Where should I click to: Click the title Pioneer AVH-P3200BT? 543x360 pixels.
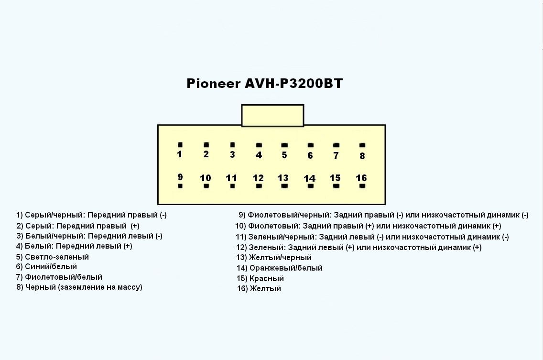pyautogui.click(x=264, y=84)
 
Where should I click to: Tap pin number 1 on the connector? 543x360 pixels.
pyautogui.click(x=180, y=154)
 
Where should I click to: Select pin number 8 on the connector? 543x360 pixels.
pyautogui.click(x=362, y=156)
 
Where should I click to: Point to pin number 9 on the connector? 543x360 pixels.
pyautogui.click(x=180, y=177)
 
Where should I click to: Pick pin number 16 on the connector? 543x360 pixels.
pyautogui.click(x=361, y=178)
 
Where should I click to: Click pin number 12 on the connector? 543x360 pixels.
pyautogui.click(x=258, y=178)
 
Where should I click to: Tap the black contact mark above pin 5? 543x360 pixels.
pyautogui.click(x=284, y=145)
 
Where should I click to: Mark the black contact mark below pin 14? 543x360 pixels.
pyautogui.click(x=310, y=186)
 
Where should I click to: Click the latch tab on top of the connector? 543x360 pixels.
pyautogui.click(x=272, y=116)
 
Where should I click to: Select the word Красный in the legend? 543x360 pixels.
pyautogui.click(x=267, y=278)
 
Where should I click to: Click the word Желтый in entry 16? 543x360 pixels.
pyautogui.click(x=265, y=289)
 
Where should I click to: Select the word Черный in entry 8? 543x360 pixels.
pyautogui.click(x=40, y=287)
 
